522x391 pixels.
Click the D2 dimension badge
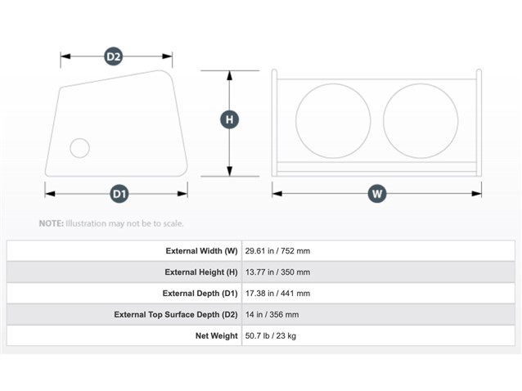pos(113,56)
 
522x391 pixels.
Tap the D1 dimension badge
pos(119,194)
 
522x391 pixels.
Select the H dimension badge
pos(229,119)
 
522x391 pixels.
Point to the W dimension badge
pos(377,194)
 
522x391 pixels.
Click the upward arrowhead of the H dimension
pos(229,75)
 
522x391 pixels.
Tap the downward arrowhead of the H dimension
pos(229,172)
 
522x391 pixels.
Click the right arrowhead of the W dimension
pos(476,194)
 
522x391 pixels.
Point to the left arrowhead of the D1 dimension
pos(50,194)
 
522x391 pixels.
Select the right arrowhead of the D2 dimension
pos(167,56)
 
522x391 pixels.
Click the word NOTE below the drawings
pos(52,223)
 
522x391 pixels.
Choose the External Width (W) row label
pos(201,251)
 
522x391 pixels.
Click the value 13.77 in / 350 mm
pos(277,272)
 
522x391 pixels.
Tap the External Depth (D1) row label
pos(200,294)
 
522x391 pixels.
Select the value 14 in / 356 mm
pos(272,315)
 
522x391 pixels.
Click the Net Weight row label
pos(216,335)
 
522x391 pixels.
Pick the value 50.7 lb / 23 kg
pos(270,335)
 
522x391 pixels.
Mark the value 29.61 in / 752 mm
pos(277,251)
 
